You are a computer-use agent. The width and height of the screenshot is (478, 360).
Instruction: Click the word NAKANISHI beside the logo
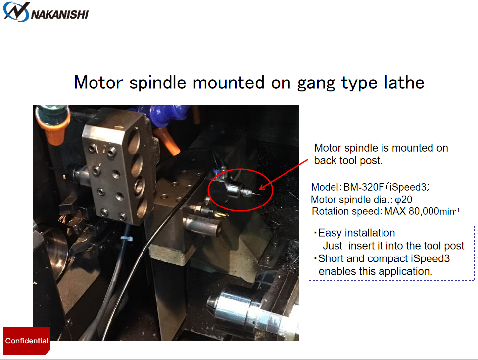click(60, 14)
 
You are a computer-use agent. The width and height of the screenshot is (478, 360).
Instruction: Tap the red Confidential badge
click(27, 341)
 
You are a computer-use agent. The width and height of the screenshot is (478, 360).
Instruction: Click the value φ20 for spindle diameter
click(403, 200)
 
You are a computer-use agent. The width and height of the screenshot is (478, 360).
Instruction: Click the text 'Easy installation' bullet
click(356, 233)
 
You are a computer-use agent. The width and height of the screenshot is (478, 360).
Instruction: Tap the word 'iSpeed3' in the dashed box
click(430, 258)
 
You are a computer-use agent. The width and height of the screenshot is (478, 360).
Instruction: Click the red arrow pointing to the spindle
click(284, 174)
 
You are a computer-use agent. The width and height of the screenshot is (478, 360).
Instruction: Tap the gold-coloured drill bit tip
click(221, 214)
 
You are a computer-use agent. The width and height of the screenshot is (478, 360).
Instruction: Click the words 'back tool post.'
click(348, 160)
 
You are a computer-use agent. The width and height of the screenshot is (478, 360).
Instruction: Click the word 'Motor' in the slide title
click(98, 82)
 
